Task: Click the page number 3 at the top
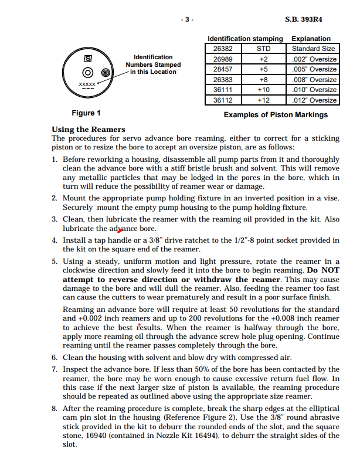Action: (187, 19)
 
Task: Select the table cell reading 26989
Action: (223, 59)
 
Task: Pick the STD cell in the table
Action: (263, 49)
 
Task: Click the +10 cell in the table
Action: (263, 90)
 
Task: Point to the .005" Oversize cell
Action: (314, 69)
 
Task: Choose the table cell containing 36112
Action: (223, 100)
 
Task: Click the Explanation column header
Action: (311, 39)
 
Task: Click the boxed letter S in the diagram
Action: (88, 59)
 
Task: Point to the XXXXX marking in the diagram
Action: (87, 84)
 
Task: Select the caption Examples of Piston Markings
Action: (276, 115)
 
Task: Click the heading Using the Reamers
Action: (88, 129)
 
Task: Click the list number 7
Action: (55, 369)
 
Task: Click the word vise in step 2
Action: (332, 198)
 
